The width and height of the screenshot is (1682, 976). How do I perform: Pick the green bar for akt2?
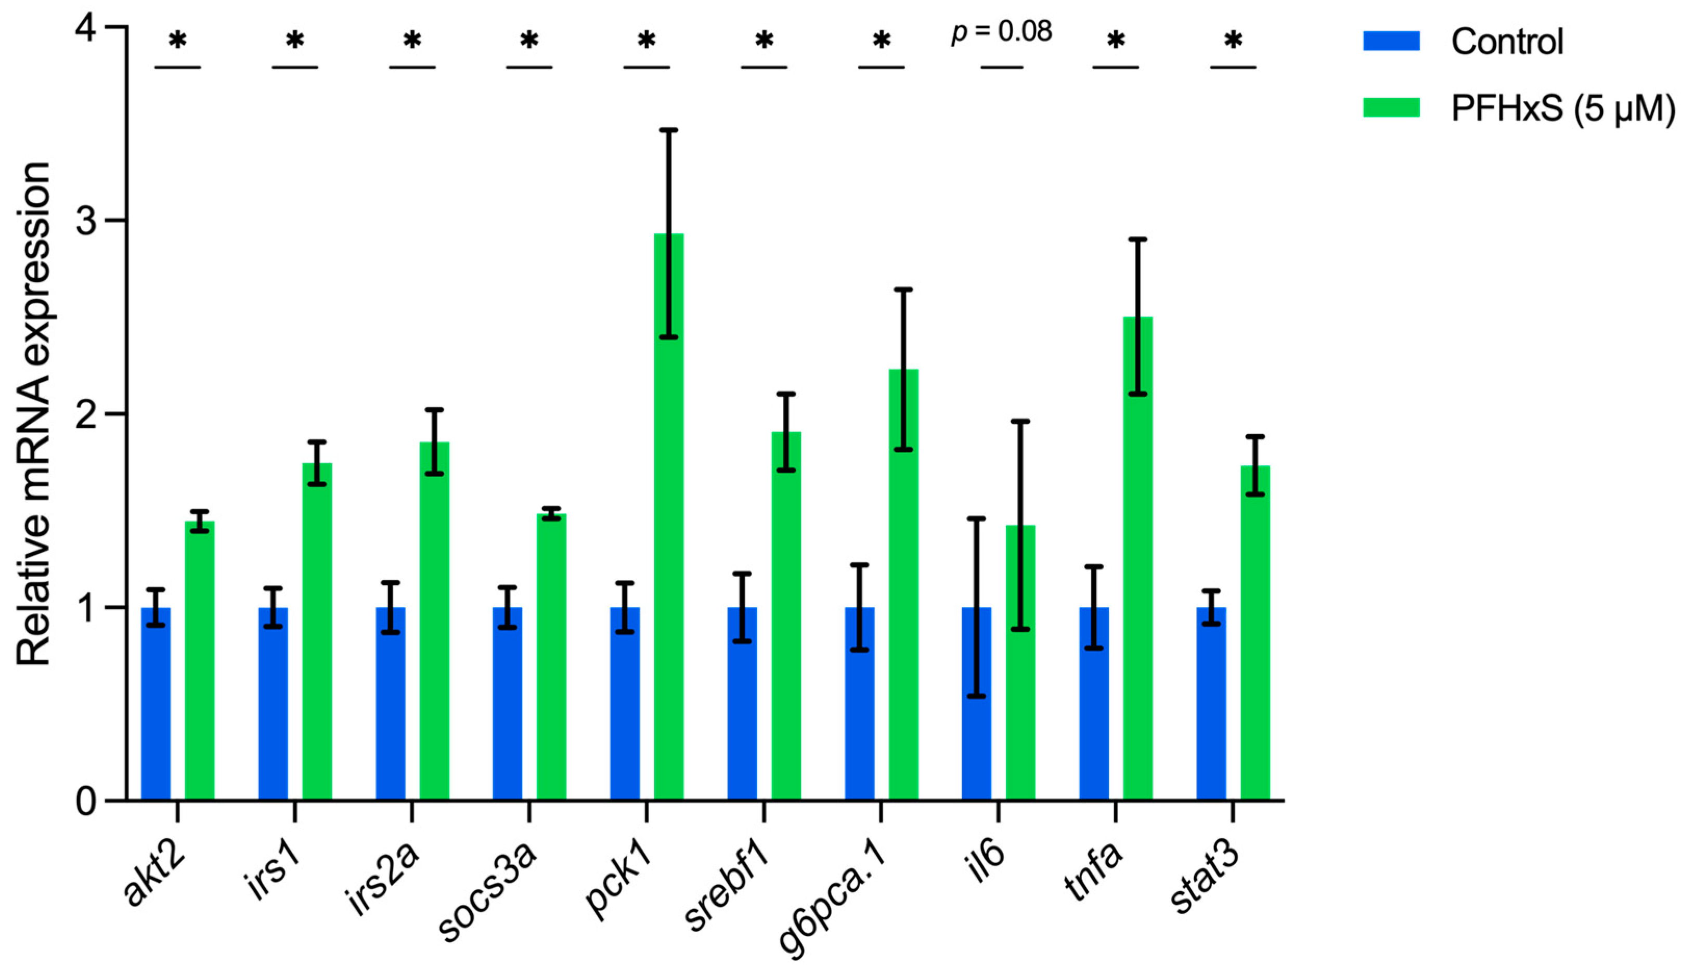[200, 660]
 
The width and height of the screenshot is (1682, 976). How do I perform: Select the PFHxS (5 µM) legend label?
[1562, 108]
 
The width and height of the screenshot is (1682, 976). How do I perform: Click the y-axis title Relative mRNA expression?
[33, 413]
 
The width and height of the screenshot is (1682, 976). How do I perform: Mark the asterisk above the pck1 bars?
[646, 42]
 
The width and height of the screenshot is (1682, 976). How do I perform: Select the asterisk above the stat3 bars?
[1233, 42]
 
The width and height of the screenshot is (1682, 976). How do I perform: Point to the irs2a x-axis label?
[384, 881]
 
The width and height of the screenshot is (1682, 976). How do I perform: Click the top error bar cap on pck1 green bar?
[668, 130]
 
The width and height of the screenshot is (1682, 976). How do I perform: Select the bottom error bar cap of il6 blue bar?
[977, 696]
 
